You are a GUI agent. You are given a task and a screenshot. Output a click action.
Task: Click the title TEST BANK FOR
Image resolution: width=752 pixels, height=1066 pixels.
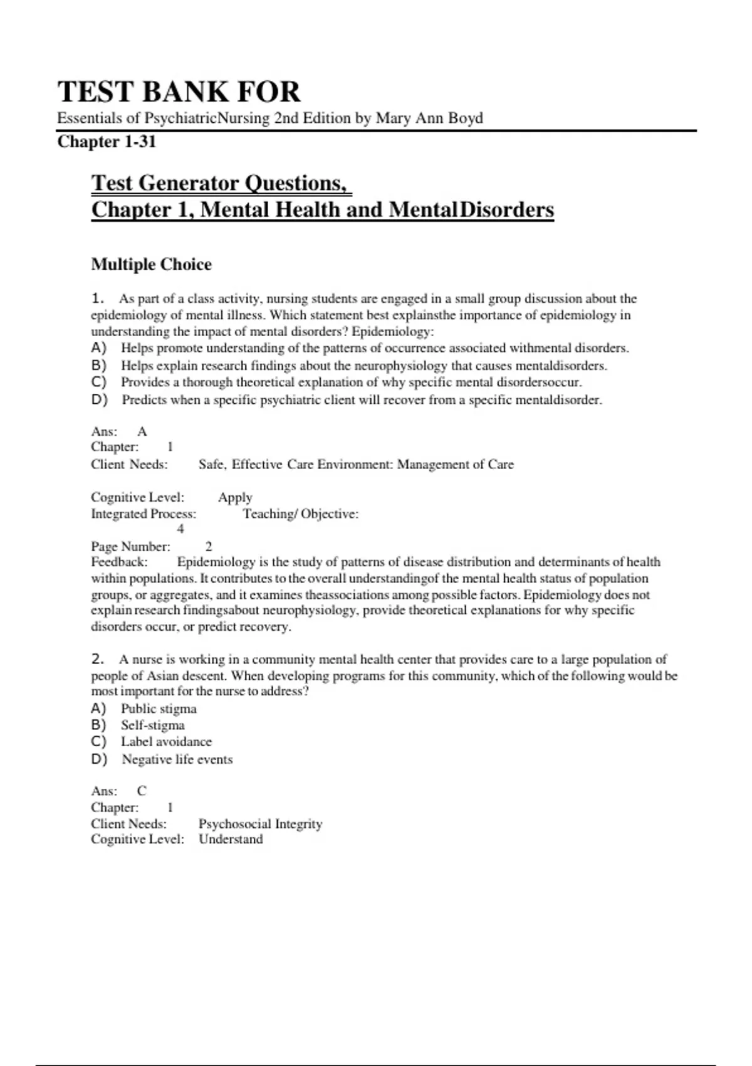point(179,92)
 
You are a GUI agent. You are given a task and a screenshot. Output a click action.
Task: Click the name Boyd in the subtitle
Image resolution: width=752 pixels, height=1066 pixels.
point(465,118)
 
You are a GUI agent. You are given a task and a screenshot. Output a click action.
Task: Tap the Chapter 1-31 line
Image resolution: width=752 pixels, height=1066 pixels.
point(107,142)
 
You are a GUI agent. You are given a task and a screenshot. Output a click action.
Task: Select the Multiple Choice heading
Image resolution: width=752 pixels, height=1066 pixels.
point(151,264)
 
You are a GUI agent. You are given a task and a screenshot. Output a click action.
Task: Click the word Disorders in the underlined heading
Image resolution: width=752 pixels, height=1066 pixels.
point(507,209)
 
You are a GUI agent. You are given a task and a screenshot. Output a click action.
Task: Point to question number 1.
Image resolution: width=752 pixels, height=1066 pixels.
point(97,298)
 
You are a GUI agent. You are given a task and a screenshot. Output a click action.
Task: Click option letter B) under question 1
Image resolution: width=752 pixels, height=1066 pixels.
point(99,365)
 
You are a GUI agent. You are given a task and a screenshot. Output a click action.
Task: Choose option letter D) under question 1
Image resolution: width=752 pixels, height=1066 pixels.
point(99,399)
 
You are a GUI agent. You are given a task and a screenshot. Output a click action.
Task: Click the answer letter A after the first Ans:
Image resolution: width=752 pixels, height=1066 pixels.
point(142,431)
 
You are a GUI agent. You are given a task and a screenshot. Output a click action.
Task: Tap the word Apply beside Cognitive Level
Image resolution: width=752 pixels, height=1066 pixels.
point(235,497)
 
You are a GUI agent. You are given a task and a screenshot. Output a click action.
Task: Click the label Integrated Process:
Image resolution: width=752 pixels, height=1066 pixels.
point(144,514)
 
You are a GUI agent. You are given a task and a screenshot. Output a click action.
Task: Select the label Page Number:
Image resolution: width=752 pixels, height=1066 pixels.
point(130,546)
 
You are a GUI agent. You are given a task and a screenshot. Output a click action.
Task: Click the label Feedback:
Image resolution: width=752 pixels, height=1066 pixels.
point(119,562)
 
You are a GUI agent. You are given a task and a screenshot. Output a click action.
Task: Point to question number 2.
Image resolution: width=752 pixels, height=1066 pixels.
point(97,659)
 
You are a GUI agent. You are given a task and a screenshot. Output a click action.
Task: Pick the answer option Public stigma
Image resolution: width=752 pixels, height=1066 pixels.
point(159,709)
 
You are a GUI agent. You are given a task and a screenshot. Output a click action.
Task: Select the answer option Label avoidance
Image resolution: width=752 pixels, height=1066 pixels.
point(166,741)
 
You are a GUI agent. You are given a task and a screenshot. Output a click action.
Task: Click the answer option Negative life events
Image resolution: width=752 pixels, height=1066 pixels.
point(177,759)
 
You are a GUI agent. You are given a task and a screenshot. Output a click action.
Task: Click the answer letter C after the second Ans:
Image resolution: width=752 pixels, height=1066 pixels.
point(142,791)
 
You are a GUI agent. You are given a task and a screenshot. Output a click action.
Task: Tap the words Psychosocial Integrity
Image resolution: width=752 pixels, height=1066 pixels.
point(260,823)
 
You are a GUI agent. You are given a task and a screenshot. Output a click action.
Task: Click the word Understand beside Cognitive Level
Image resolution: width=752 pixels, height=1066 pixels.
point(231,839)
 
